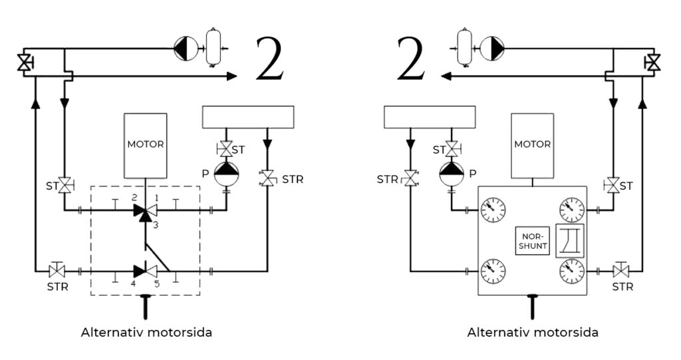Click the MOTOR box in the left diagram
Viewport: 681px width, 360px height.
pos(146,146)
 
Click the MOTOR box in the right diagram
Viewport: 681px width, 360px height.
pos(533,146)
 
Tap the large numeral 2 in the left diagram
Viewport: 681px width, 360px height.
pos(270,59)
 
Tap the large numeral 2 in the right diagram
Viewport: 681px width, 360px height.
pos(411,59)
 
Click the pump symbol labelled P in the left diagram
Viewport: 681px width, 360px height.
pos(226,174)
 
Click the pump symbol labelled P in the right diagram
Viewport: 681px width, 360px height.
pos(452,174)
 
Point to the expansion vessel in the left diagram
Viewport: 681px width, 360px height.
pos(213,48)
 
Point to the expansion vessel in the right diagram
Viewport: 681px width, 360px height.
pos(465,48)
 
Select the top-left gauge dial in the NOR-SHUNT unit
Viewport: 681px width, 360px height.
pos(493,210)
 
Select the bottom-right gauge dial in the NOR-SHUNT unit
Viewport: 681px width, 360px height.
pos(572,271)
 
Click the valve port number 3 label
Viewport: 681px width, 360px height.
pos(156,225)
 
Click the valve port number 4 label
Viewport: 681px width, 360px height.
pos(133,284)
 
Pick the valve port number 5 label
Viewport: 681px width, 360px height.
pos(157,284)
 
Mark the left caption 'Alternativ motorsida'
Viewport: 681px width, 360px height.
pos(146,333)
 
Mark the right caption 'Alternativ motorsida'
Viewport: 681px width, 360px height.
pos(533,333)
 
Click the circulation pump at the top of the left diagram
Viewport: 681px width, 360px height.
pos(186,49)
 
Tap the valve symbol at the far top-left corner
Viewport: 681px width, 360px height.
pos(25,63)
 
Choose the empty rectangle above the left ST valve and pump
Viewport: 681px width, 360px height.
pos(248,117)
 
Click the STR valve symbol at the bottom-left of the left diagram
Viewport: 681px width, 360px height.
pos(57,270)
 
